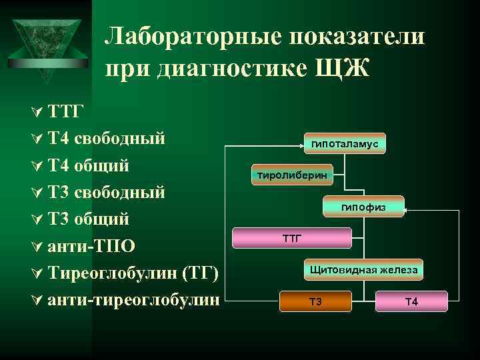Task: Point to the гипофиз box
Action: click(363, 208)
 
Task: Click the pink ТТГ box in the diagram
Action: click(292, 237)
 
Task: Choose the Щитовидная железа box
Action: click(363, 270)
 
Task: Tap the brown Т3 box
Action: click(315, 301)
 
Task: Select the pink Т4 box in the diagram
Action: click(411, 301)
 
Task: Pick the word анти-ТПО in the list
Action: click(92, 245)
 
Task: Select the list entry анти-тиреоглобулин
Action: click(133, 299)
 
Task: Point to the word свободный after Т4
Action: click(119, 139)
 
